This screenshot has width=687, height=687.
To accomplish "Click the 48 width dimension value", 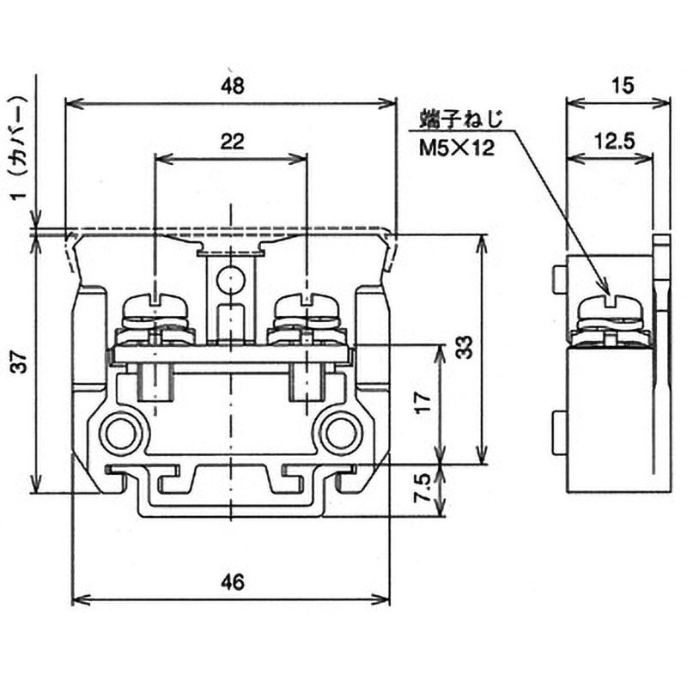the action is click(232, 86).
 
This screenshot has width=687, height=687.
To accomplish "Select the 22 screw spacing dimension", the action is click(232, 142).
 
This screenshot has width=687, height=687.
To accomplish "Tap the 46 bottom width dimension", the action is click(232, 582).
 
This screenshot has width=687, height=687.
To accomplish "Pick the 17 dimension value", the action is click(423, 403).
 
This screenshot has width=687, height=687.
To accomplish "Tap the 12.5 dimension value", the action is click(614, 141).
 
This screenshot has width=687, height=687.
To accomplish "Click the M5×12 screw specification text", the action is click(457, 148).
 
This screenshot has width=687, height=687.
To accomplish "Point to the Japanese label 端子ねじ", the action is click(462, 119).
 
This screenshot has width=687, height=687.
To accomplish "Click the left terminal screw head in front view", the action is click(156, 306).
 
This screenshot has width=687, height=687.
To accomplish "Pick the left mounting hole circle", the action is click(120, 433).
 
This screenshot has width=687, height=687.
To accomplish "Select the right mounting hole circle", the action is click(341, 433).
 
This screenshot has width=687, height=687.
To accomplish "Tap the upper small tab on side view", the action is click(560, 280).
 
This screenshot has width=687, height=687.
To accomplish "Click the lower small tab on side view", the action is click(560, 433).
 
